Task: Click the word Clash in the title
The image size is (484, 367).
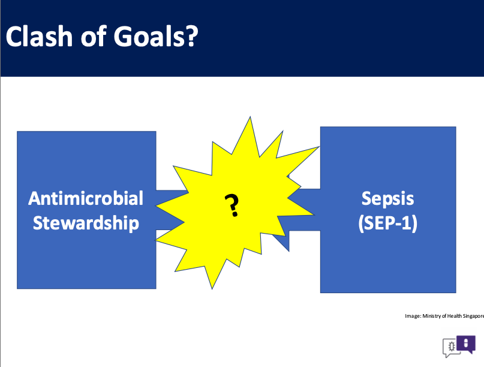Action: click(39, 37)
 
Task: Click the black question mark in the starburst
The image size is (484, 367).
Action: click(232, 205)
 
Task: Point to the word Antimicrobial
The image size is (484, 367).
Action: click(86, 198)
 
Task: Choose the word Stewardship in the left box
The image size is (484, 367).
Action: click(86, 223)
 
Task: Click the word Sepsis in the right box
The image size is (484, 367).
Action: click(387, 199)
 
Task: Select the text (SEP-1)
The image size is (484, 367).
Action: click(387, 223)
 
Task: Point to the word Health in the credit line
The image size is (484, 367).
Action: click(455, 316)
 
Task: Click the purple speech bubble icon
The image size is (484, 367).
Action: click(466, 344)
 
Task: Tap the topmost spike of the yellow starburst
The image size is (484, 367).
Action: click(250, 117)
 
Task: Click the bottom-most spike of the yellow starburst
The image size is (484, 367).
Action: click(212, 288)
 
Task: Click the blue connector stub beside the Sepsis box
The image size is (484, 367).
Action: click(304, 210)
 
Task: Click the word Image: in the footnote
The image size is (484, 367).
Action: click(413, 316)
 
